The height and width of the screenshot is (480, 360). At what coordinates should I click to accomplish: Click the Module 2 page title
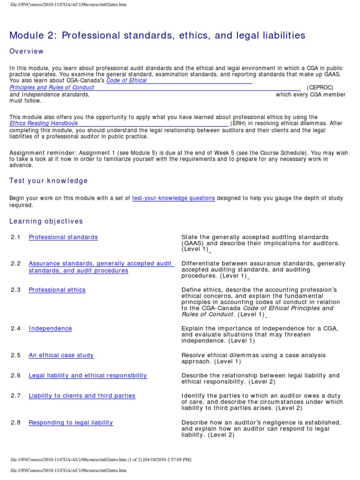[157, 35]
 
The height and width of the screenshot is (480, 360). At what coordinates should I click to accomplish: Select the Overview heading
[27, 51]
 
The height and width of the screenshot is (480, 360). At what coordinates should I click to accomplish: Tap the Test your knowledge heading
[49, 180]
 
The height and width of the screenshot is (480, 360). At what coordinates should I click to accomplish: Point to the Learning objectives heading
[46, 221]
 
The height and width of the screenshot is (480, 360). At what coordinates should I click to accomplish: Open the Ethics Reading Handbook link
[44, 124]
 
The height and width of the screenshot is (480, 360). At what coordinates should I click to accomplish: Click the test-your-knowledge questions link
[173, 198]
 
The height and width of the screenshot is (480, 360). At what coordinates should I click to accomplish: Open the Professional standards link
[63, 237]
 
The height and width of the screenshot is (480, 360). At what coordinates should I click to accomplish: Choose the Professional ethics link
[57, 290]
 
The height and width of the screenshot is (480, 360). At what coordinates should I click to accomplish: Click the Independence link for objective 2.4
[50, 329]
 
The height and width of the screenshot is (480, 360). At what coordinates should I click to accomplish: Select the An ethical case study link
[61, 355]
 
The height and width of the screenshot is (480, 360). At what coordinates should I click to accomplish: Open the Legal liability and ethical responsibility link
[88, 375]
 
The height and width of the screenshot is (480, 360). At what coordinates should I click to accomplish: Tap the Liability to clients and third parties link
[82, 396]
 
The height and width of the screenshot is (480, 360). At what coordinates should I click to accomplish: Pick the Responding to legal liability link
[71, 422]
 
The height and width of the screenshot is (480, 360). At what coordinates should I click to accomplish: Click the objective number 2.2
[16, 264]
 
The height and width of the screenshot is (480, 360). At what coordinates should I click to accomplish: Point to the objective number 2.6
[16, 375]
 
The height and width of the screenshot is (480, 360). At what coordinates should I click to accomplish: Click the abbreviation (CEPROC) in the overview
[320, 88]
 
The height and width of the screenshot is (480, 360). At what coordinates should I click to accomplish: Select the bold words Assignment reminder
[43, 153]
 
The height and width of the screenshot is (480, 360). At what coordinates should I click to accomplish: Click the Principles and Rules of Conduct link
[52, 88]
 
